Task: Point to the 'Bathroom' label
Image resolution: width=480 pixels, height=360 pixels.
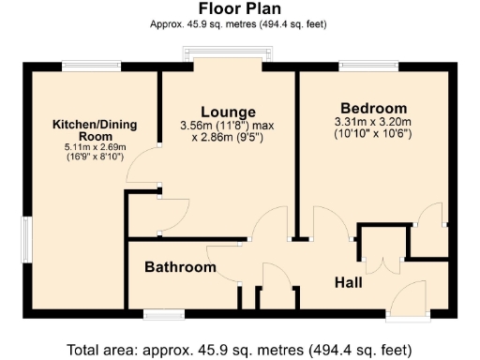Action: point(180,267)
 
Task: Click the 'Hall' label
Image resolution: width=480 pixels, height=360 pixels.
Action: point(351,281)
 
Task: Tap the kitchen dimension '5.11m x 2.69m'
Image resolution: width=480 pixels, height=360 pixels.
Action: point(89,147)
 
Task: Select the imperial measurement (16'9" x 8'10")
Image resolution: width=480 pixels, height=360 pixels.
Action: point(89,157)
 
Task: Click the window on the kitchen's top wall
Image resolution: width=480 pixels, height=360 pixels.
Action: point(90,67)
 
